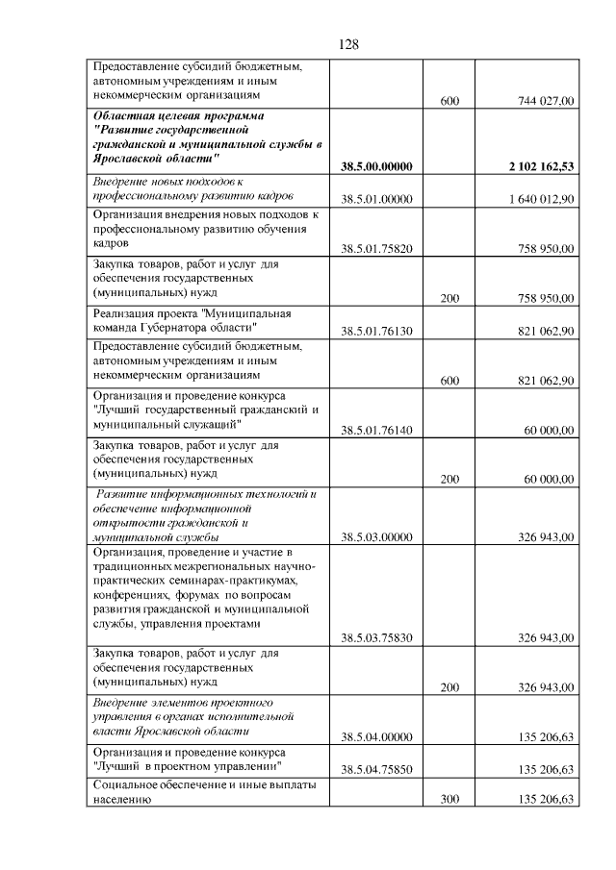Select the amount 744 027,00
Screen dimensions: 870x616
(x=546, y=100)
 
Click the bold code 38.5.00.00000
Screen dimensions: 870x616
(x=376, y=166)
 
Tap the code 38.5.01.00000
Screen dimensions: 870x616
(x=376, y=199)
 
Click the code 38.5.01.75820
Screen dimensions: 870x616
(x=376, y=248)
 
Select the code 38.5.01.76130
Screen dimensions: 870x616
(x=376, y=331)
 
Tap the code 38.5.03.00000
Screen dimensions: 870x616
(x=376, y=537)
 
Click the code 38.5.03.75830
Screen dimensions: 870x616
(x=376, y=637)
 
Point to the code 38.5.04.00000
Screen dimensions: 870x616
(x=376, y=737)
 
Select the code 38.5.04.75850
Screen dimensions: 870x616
(x=376, y=770)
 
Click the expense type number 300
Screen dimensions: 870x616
(x=449, y=799)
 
